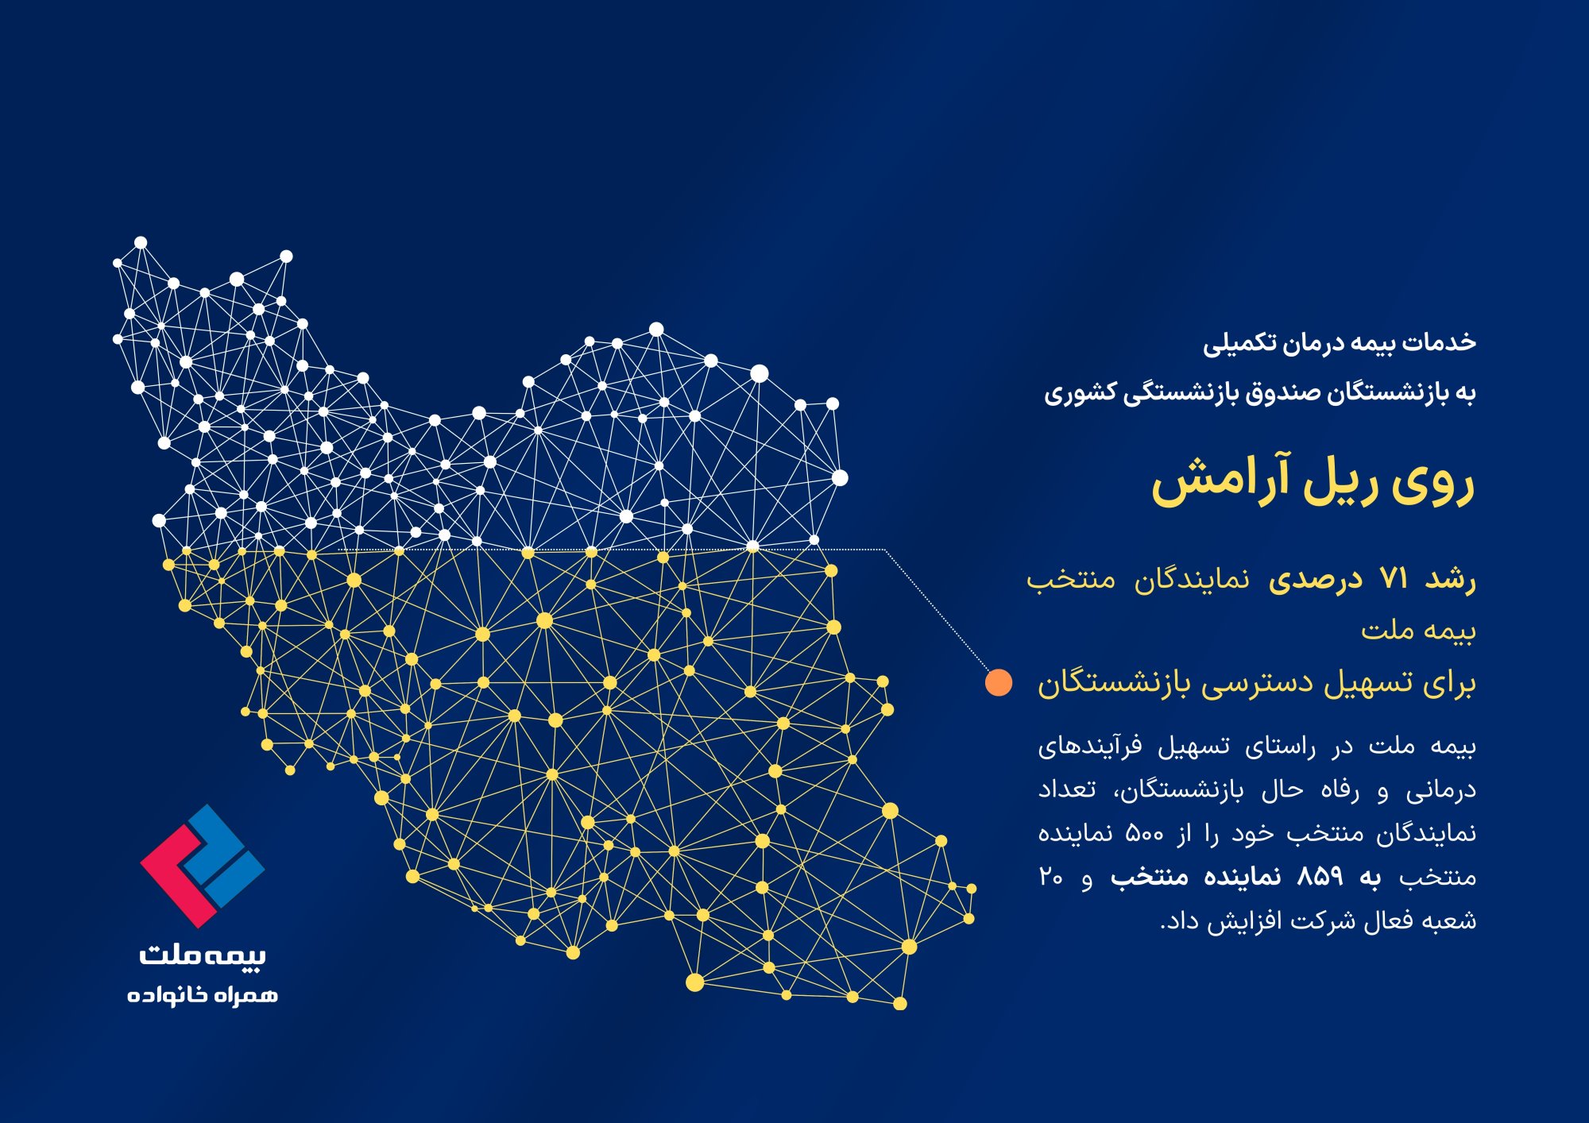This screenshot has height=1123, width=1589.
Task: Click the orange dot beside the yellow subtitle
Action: (999, 682)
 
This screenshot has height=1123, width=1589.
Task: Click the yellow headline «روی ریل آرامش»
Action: (1313, 480)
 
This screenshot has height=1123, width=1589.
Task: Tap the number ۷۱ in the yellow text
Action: (1394, 579)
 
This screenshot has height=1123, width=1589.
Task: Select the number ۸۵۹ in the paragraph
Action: (1320, 876)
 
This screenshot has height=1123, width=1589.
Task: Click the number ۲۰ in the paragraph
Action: (1051, 877)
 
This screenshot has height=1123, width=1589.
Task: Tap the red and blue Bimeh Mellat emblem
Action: (202, 866)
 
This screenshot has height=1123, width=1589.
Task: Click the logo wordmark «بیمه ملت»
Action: (203, 954)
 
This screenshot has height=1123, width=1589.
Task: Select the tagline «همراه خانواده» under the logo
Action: (203, 994)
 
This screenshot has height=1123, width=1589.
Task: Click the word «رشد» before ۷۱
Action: (1451, 580)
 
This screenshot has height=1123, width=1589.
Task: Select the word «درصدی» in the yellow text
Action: (1315, 580)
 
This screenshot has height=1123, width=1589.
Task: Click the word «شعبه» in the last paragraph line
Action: (1451, 920)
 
